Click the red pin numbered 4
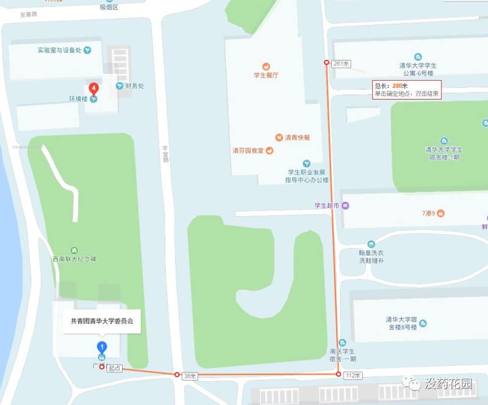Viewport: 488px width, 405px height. click(93, 88)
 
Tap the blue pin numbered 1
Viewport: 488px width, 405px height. click(102, 348)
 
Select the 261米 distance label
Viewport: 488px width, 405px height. click(342, 64)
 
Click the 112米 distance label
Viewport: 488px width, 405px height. click(353, 374)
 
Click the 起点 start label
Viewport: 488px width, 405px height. click(115, 368)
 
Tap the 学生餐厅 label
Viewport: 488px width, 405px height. click(266, 75)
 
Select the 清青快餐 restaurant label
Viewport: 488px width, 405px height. click(297, 137)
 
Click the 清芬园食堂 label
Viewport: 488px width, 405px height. click(248, 151)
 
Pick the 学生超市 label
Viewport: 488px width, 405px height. click(326, 205)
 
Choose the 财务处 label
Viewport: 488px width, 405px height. click(134, 86)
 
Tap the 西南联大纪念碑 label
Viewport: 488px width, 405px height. click(74, 259)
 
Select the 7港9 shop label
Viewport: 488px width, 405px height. click(432, 213)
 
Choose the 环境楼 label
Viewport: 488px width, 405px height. click(79, 98)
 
